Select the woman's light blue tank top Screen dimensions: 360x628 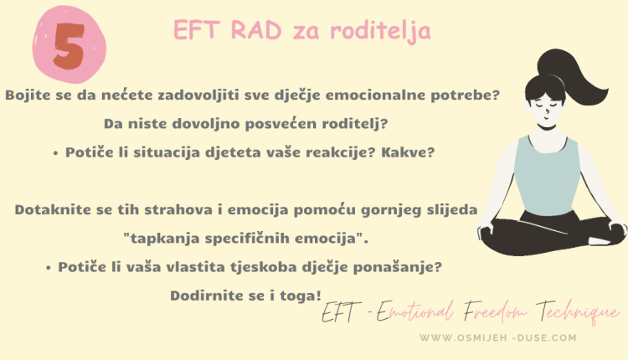545,172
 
